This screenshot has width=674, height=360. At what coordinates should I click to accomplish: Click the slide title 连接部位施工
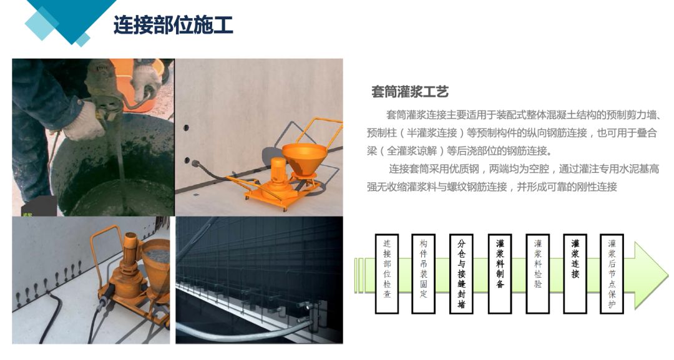pyautogui.click(x=173, y=26)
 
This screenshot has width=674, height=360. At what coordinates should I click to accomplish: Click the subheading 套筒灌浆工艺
pyautogui.click(x=410, y=92)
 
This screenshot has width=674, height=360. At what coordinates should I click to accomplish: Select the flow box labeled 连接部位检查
pyautogui.click(x=386, y=273)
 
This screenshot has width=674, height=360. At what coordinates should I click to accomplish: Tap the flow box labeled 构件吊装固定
pyautogui.click(x=424, y=273)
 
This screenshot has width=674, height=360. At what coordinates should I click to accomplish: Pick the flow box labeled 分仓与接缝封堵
pyautogui.click(x=461, y=273)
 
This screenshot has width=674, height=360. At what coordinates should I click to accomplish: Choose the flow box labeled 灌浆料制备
pyautogui.click(x=499, y=273)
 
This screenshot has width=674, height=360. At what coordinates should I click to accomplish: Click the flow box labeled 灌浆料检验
pyautogui.click(x=537, y=273)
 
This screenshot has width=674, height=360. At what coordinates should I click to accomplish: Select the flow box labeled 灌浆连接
pyautogui.click(x=575, y=273)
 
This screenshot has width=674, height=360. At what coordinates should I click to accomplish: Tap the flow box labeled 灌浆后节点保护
pyautogui.click(x=612, y=273)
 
